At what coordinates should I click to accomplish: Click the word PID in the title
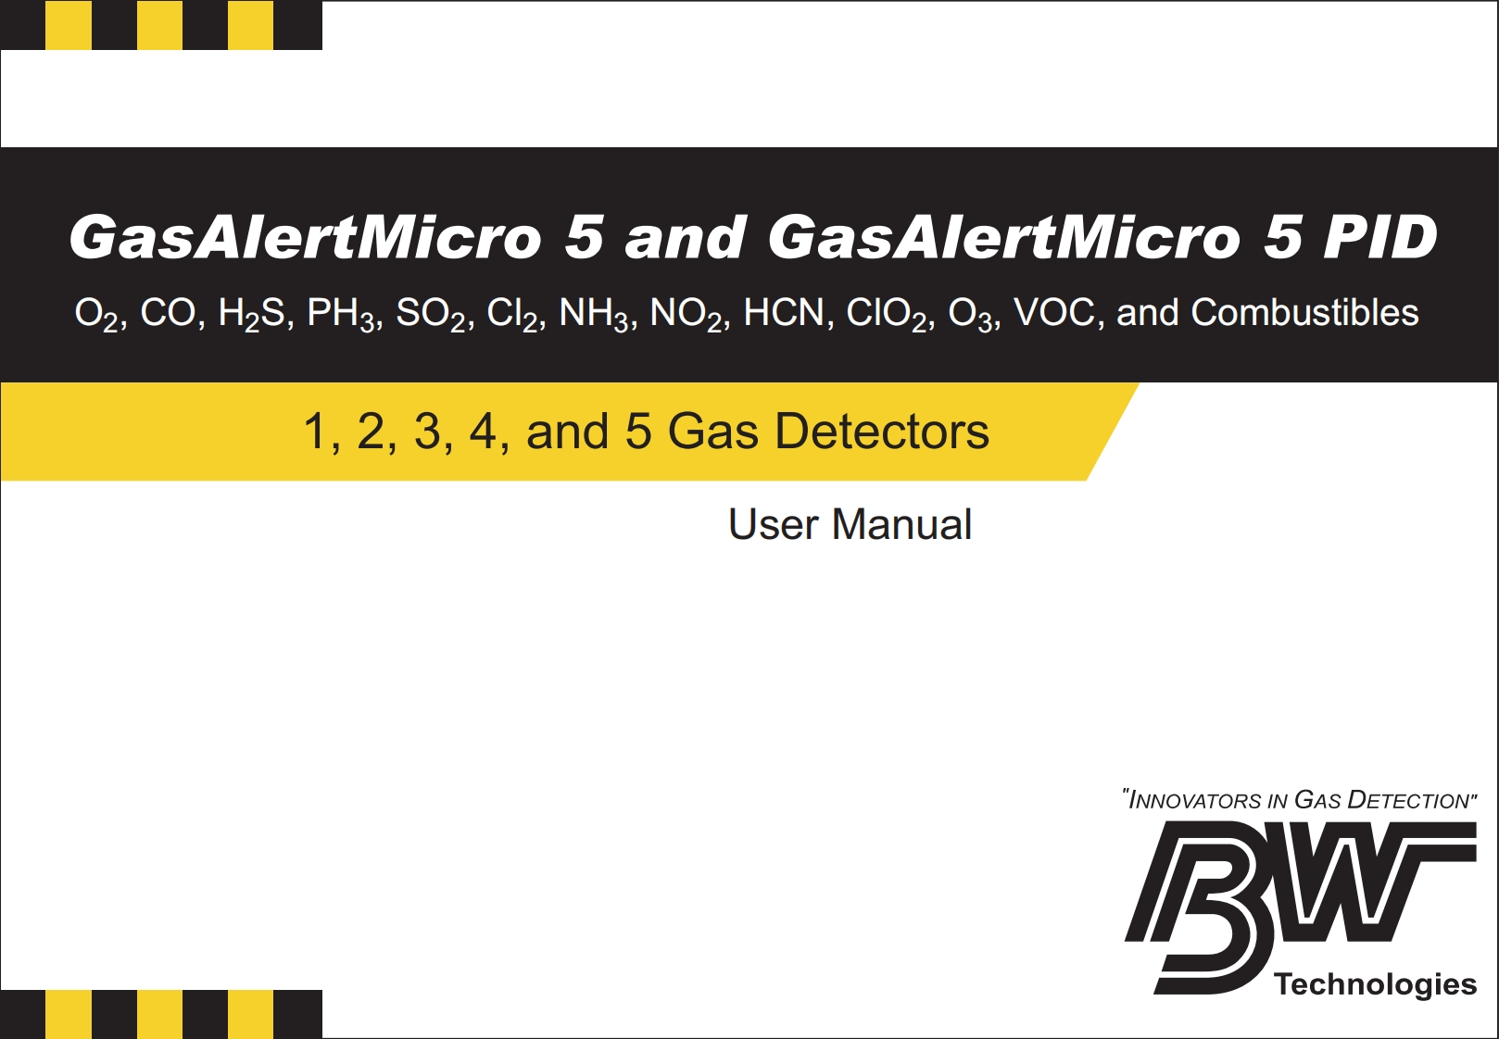click(1379, 237)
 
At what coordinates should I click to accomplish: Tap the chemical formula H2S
click(251, 314)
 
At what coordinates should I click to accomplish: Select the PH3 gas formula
click(341, 314)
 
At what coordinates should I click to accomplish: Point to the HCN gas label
click(784, 312)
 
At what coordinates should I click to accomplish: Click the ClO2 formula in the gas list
click(886, 314)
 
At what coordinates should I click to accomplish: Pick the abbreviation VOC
click(1054, 312)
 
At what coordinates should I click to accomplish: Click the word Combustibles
click(1304, 312)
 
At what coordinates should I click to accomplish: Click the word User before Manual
click(773, 524)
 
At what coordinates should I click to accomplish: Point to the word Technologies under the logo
click(1375, 984)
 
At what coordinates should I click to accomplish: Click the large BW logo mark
click(1300, 907)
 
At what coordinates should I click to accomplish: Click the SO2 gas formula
click(430, 314)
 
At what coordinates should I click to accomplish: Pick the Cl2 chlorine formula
click(512, 314)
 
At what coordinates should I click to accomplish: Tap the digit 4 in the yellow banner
click(483, 431)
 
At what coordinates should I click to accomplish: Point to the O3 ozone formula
click(970, 314)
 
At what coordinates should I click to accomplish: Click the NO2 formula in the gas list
click(686, 314)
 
